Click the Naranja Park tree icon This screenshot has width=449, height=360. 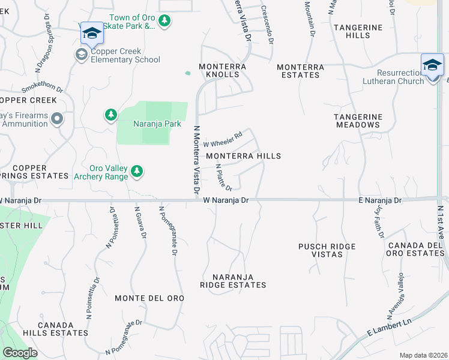pos(110,115)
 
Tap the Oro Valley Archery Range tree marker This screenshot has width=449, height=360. pos(137,172)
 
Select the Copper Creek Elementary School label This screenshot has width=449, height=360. pos(125,55)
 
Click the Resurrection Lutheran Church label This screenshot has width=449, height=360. pos(393,77)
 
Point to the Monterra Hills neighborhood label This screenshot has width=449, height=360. pos(243,156)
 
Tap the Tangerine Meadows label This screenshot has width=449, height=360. pos(358,121)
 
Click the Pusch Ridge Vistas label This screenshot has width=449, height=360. pos(327,250)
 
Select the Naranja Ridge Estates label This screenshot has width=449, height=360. pos(233,281)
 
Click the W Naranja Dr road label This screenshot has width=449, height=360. pos(226,200)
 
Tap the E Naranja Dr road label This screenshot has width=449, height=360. pos(379,200)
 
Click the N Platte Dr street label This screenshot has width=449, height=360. pos(223,178)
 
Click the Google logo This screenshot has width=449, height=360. pos(20,353)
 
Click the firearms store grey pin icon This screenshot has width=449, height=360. pos(57,119)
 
